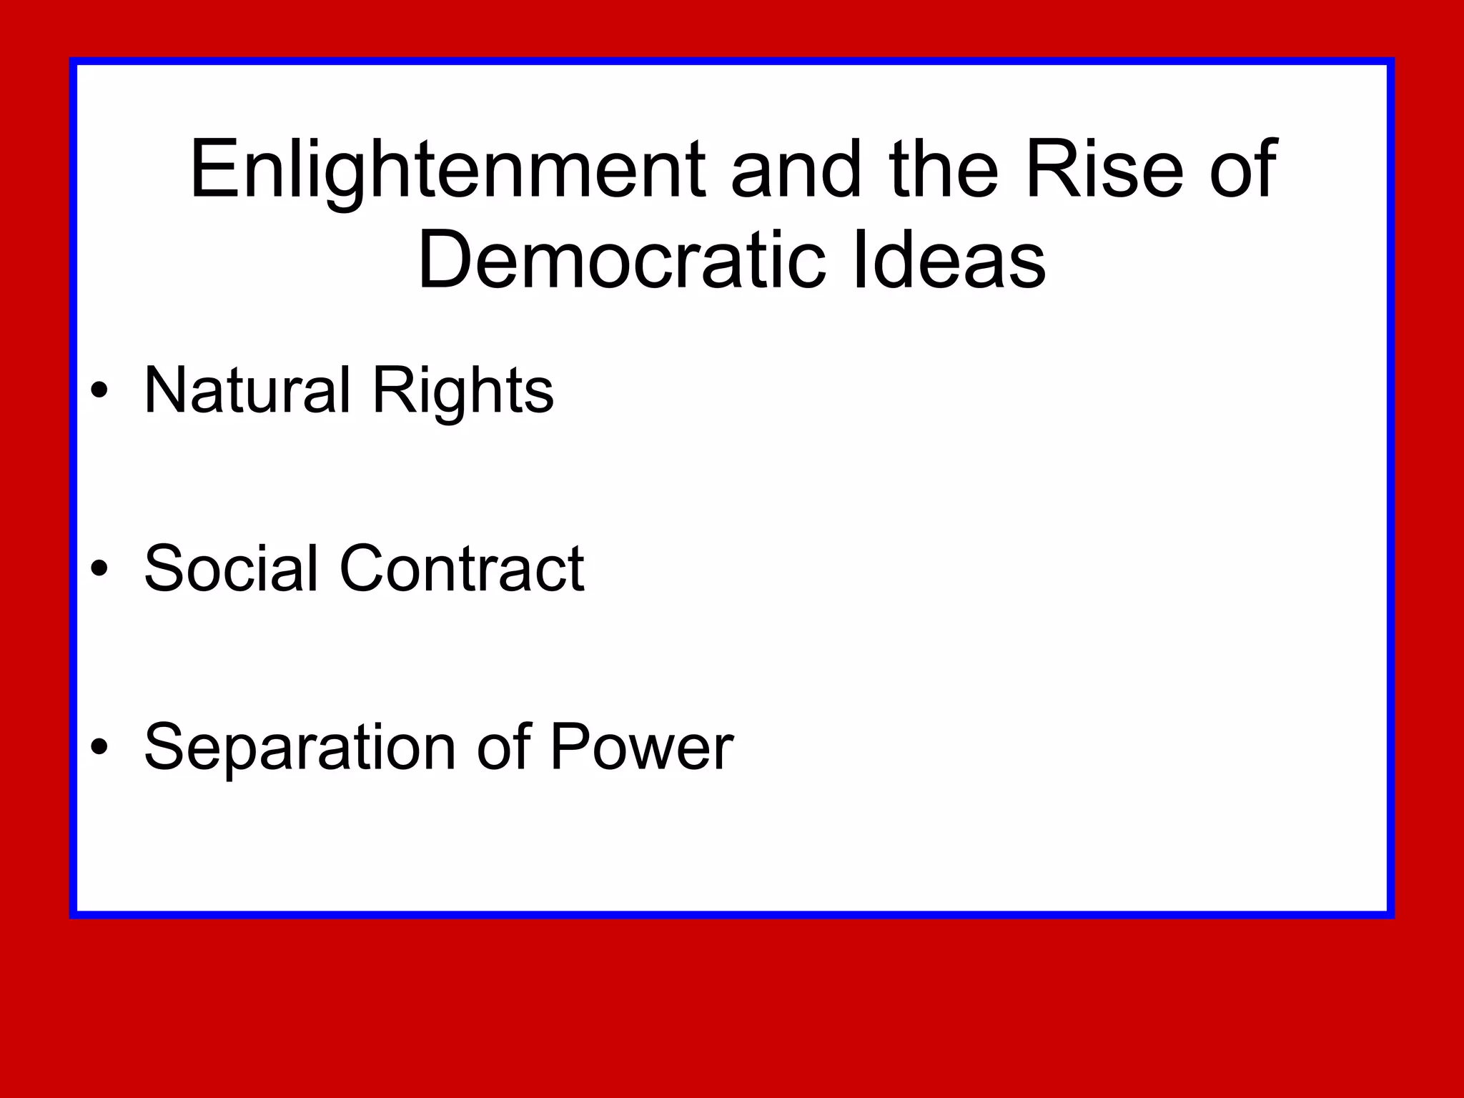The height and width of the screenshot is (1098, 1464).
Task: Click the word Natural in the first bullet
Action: coord(247,390)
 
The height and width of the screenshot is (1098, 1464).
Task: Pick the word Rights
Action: coord(463,392)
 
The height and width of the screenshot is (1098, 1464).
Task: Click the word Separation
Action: coord(300,748)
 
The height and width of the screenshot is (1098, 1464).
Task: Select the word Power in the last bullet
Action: coord(641,748)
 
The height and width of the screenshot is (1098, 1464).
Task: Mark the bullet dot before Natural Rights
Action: coord(100,390)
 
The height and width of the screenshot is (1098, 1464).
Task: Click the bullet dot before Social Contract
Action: coord(100,569)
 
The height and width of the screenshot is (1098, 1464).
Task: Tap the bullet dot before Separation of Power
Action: coord(100,748)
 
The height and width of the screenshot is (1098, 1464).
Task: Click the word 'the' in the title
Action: coord(943,172)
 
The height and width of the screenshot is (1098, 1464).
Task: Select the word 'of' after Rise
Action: coord(1243,172)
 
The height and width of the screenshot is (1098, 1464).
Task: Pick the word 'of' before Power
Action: coord(503,748)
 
